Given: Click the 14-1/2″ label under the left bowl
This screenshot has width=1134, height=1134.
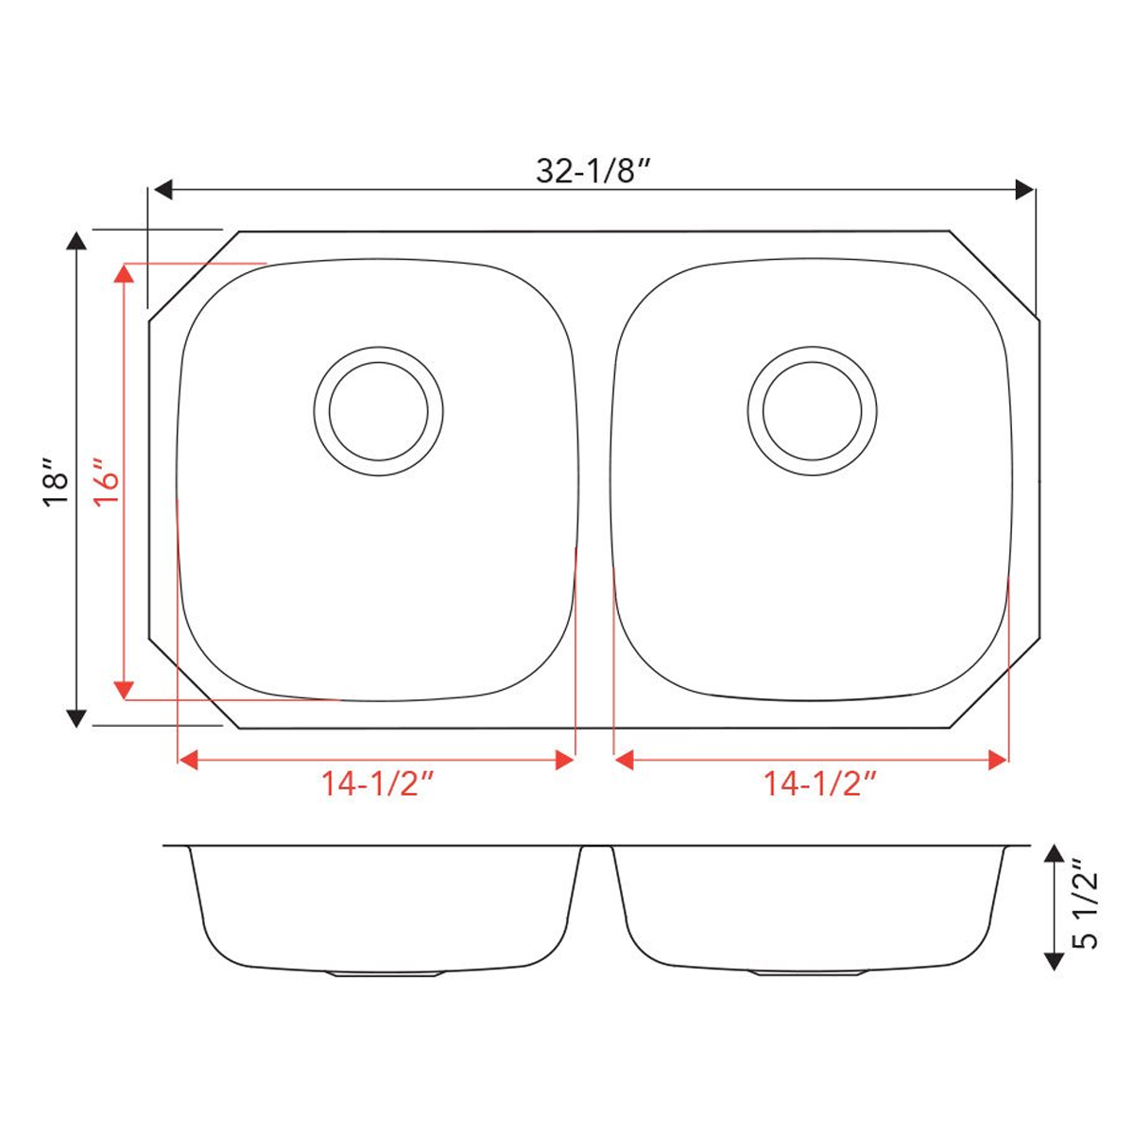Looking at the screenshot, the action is point(377,783).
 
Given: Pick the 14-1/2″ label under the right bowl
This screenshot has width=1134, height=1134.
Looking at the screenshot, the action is point(819,783).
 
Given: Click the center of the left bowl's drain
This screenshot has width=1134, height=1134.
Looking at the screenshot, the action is point(378,411).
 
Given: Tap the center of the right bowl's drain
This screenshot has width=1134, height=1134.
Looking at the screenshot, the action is point(812,411).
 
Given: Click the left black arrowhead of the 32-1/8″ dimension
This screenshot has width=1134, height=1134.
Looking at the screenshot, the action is point(163,190).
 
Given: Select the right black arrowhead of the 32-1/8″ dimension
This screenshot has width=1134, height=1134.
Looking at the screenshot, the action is point(1024,190).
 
